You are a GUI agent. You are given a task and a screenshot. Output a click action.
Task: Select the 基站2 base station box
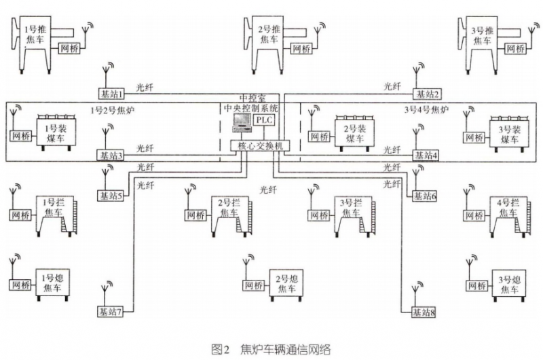pyautogui.click(x=428, y=94)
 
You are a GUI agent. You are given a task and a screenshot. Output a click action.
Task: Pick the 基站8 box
pyautogui.click(x=423, y=312)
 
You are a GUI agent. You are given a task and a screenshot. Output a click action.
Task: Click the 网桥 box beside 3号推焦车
pyautogui.click(x=515, y=49)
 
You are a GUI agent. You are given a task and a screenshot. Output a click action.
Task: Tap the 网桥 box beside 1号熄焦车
pyautogui.click(x=22, y=285)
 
